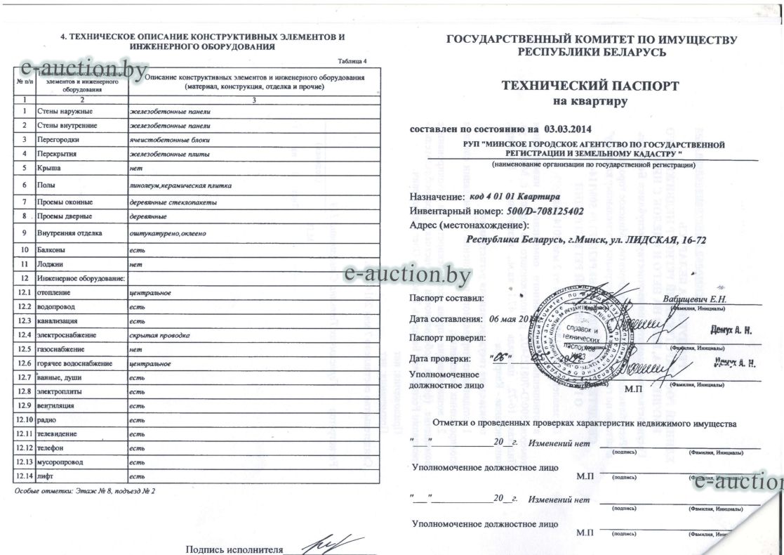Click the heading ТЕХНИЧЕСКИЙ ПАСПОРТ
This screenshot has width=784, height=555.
pos(590,86)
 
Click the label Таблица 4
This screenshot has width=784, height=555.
pos(352,62)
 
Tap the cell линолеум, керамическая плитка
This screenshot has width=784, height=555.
pos(181,185)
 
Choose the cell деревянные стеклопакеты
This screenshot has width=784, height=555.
pos(173,202)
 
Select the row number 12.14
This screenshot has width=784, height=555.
pos(25,477)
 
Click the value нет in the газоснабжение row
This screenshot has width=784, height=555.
pos(137,349)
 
